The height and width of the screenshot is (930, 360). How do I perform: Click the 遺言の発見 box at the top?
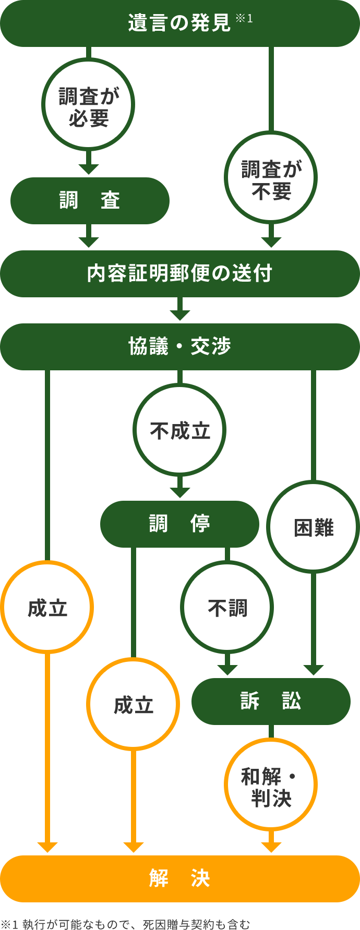[179, 23]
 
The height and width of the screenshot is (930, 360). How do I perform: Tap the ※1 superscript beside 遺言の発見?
[244, 19]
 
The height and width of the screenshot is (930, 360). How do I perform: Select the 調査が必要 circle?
[88, 105]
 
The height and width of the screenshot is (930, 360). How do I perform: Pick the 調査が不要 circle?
[271, 178]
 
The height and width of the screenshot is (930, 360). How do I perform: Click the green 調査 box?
[90, 201]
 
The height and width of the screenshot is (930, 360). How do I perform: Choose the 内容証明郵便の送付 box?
[179, 274]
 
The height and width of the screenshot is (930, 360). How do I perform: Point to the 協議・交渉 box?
[179, 347]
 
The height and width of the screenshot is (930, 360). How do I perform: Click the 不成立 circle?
[179, 430]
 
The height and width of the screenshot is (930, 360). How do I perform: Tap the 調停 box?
[179, 524]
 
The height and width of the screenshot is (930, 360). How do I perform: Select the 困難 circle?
[313, 527]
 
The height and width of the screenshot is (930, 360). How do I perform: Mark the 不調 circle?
[227, 608]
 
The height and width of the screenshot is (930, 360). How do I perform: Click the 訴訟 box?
[271, 701]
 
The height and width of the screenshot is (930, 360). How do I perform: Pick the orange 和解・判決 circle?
[271, 784]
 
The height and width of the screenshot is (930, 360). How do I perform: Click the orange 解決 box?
[179, 879]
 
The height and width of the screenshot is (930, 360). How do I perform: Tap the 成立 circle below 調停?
[133, 705]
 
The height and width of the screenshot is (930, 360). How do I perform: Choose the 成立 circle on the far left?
[47, 608]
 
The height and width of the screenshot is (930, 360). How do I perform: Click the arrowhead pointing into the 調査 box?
[88, 168]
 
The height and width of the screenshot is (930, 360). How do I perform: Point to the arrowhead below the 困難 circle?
[313, 670]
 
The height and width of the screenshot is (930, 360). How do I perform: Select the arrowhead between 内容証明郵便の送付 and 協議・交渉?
[179, 315]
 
